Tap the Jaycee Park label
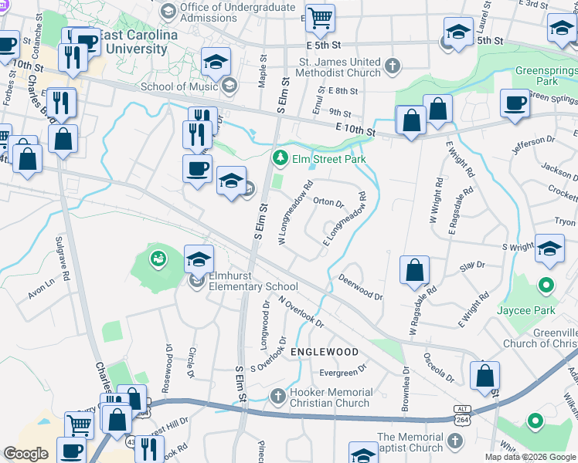(546, 311)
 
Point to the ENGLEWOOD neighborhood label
(325, 352)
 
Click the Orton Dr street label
(328, 203)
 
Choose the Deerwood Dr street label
(360, 290)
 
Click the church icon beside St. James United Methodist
(393, 66)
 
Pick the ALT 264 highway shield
(462, 416)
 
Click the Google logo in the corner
(26, 454)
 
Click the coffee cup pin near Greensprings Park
(515, 103)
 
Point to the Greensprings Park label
(546, 75)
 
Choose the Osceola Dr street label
(439, 367)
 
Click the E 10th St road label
(355, 132)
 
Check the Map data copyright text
(530, 457)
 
